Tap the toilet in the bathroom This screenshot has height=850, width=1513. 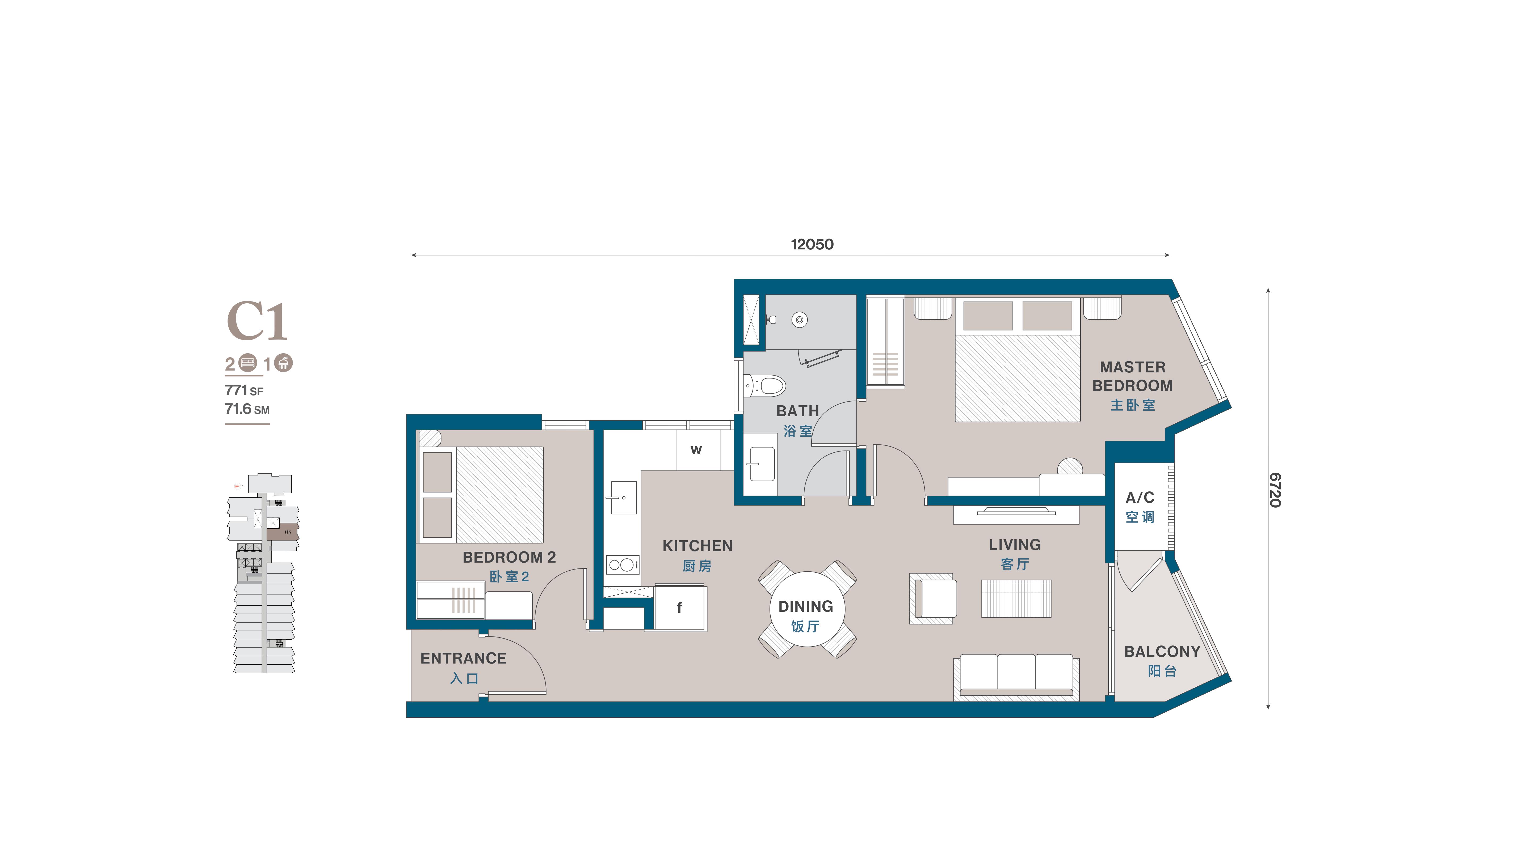pyautogui.click(x=765, y=386)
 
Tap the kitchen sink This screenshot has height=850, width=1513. pyautogui.click(x=623, y=498)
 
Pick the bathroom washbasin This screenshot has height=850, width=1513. pyautogui.click(x=761, y=464)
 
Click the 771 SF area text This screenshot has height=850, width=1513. pyautogui.click(x=244, y=390)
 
